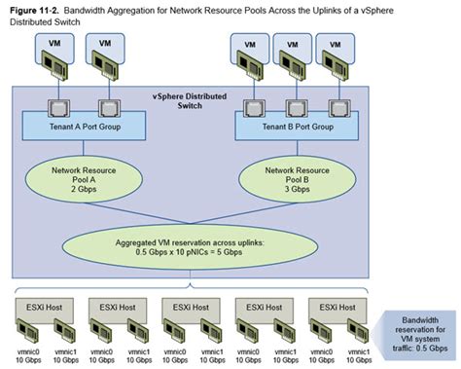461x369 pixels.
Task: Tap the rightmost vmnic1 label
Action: tap(356, 350)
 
